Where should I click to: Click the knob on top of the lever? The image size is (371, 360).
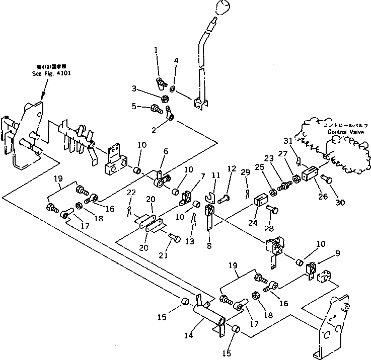coord(219,8)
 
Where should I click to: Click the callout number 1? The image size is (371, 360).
coord(156,50)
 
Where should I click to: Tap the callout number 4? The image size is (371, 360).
coord(176,61)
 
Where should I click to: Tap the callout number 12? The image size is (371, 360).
coord(232,168)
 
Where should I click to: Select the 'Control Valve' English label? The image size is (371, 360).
coord(343,132)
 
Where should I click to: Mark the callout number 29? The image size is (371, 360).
coord(246,172)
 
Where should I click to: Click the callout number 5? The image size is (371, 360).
coord(134,106)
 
